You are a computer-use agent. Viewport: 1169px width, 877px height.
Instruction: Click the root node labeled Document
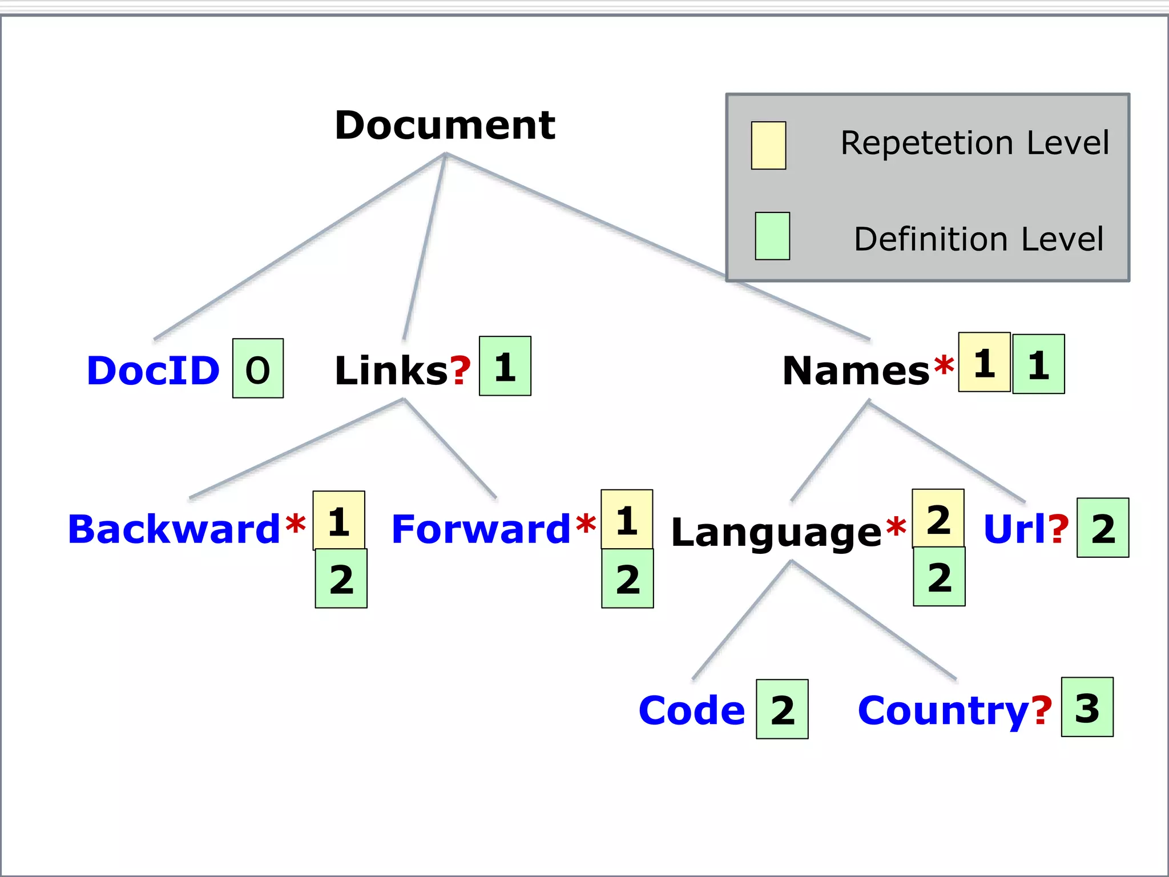coord(445,125)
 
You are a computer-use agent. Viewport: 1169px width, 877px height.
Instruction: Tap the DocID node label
coord(153,371)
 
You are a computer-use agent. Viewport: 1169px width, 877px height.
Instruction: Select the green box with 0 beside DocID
coord(257,368)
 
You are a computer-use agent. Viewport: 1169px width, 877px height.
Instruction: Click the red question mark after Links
coord(461,370)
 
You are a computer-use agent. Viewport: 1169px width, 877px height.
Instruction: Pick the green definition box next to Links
coord(505,366)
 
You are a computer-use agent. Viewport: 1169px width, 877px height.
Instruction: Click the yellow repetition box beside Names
coord(983,362)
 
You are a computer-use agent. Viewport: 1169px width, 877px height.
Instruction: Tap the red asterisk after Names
coord(944,366)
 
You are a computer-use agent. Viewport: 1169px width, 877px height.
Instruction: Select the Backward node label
coord(174,529)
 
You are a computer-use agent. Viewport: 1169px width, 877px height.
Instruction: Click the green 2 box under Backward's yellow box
coord(341,578)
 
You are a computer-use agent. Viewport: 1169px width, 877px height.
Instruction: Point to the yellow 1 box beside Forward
coord(626,520)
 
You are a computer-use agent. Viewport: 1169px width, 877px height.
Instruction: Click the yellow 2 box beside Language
coord(938,518)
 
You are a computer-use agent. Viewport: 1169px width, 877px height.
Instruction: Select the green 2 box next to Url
coord(1102,528)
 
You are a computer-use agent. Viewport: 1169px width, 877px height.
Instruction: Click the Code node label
coord(692,710)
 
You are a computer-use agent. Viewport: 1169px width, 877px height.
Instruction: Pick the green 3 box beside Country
coord(1087,707)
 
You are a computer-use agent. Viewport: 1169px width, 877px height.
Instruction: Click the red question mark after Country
coord(1042,710)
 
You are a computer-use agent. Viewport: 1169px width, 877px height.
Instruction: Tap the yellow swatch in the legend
coord(768,146)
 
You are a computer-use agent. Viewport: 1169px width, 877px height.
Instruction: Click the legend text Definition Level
coord(978,239)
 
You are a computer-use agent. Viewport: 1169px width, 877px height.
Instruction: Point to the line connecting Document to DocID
coord(300,247)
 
